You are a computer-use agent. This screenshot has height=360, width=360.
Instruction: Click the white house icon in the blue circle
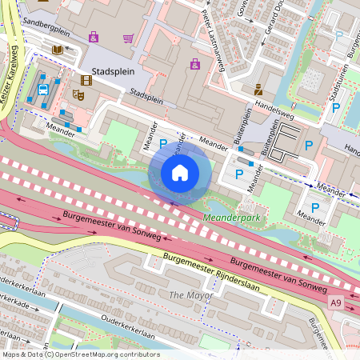tap(180, 173)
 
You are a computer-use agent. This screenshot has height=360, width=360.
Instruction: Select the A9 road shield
tap(336, 301)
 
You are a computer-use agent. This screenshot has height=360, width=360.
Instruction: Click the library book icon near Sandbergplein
tap(58, 50)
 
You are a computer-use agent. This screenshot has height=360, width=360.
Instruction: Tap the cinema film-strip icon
tap(86, 80)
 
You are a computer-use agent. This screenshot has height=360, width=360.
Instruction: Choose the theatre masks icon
tap(78, 94)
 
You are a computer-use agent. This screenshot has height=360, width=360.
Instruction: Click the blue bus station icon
tap(43, 89)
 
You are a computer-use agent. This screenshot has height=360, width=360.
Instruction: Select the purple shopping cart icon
tap(128, 38)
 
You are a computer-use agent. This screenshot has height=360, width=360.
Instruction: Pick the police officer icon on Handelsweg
tap(258, 90)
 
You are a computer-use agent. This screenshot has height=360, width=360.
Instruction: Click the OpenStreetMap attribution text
tap(80, 354)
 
